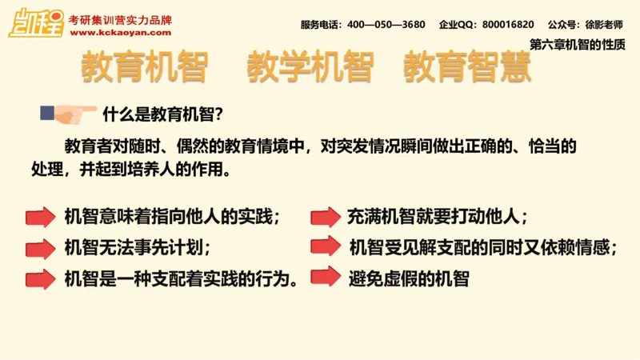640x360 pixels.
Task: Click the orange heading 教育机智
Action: click(x=145, y=69)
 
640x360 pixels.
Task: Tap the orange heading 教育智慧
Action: click(x=467, y=69)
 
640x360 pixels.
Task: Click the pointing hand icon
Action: click(x=70, y=114)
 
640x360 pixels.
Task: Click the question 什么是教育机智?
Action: click(x=163, y=114)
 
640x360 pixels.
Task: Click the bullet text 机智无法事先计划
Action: click(x=138, y=247)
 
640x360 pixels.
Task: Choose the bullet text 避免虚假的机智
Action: click(x=408, y=278)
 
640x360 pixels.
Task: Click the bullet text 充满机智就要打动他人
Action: click(x=437, y=217)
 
